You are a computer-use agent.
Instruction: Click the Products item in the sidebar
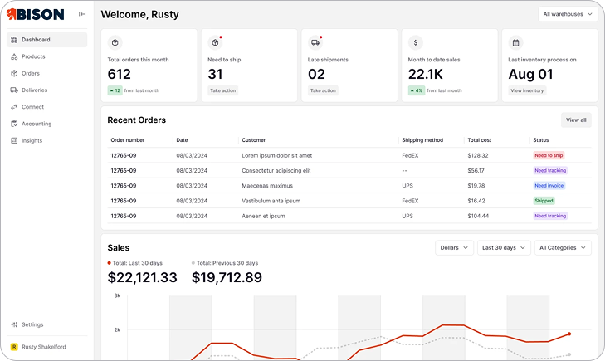33,56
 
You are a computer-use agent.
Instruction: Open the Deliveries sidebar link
34,90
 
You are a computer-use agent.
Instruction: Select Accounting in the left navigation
36,124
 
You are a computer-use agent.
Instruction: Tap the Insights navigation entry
32,140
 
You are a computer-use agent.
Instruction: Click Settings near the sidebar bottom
32,324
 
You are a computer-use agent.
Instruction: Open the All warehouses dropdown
568,14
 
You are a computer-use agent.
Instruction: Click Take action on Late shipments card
323,90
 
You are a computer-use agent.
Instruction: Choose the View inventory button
527,90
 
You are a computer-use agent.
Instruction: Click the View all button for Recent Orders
576,120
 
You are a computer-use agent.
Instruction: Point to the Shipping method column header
422,140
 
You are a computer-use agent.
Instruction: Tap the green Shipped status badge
544,201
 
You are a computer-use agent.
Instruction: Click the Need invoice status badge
549,186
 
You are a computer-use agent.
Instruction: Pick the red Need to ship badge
549,155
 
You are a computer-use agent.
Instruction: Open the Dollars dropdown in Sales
454,247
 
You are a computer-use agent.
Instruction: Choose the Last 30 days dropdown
504,247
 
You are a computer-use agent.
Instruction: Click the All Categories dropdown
563,247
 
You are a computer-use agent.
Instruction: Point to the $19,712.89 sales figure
227,277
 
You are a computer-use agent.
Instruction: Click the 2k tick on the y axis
117,329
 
